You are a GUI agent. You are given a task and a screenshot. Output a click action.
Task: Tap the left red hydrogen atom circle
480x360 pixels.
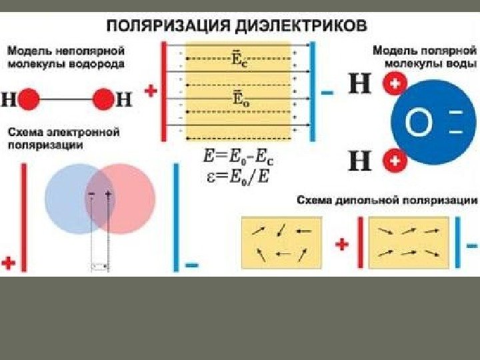click(x=29, y=101)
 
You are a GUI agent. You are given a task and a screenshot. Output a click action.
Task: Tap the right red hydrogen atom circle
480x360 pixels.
click(x=103, y=101)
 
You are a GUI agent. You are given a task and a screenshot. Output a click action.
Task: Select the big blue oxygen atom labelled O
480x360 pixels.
click(x=429, y=123)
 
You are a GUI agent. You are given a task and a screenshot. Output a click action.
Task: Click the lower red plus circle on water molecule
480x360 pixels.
click(x=395, y=161)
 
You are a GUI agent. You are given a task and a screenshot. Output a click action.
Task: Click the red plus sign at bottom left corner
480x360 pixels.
click(x=9, y=262)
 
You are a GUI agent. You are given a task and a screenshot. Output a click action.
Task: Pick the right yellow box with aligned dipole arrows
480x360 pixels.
click(x=408, y=243)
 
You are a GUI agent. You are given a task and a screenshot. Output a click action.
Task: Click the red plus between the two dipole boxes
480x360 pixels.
click(x=342, y=244)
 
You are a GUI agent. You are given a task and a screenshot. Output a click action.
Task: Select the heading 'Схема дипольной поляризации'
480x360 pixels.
click(x=387, y=200)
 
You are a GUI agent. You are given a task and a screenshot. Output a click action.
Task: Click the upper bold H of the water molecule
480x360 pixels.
click(x=361, y=84)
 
